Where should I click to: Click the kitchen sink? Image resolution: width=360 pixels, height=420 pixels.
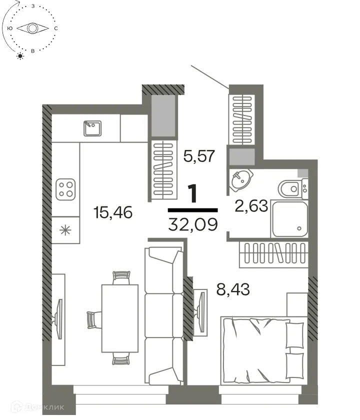pos(92,128)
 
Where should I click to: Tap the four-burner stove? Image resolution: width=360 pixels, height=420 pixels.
pos(66,189)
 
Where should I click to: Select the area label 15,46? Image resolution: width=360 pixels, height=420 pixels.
pos(112,213)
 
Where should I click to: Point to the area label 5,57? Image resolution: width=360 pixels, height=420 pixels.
pos(199,156)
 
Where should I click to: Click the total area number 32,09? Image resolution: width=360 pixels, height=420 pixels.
pos(193,223)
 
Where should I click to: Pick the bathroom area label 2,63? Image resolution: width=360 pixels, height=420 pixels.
pos(251,206)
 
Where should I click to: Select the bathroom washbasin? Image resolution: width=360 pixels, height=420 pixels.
pos(242,179)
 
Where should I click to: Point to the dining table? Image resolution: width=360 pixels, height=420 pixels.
pos(119,317)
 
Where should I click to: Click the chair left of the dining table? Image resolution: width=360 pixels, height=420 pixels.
pos(92,319)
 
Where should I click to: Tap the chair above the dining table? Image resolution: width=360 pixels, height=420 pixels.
pos(121,277)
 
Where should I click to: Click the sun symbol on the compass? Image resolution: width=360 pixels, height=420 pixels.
pos(20,55)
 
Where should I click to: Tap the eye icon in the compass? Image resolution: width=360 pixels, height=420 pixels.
pos(32,28)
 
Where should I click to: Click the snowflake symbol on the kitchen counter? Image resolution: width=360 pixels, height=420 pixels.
pos(64,230)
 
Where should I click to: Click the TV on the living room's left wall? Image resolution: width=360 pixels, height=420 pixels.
pos(59,318)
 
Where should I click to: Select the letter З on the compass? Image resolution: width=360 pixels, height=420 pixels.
pos(32,6)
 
